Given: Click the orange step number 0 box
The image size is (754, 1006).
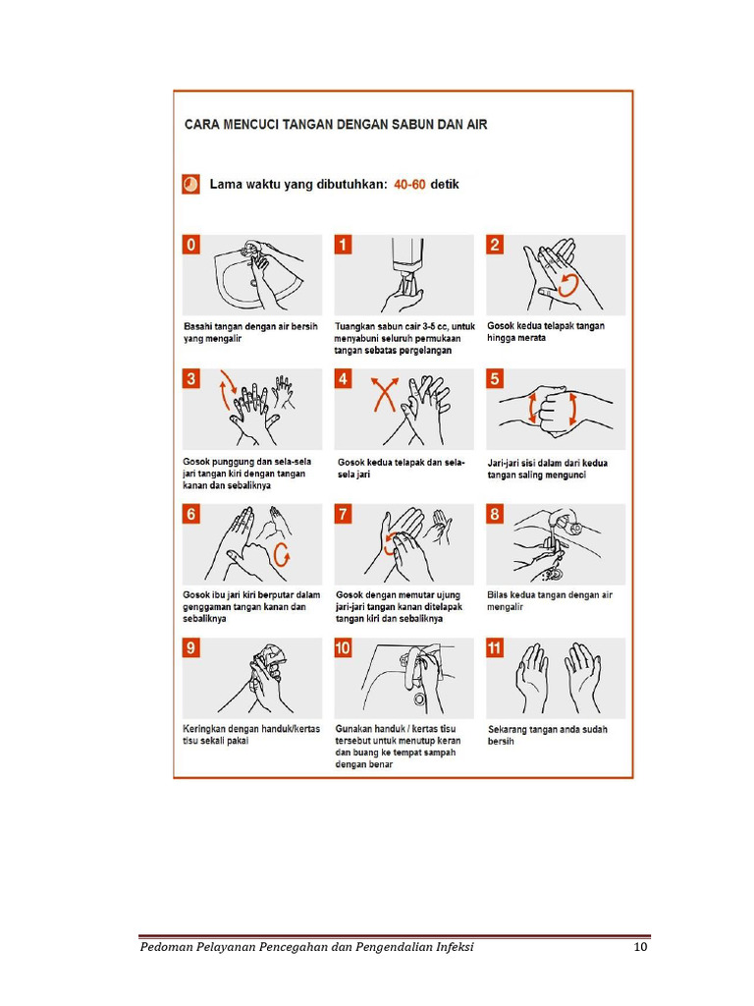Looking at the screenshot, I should [x=192, y=245].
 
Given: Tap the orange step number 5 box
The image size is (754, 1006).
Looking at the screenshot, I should [x=495, y=379].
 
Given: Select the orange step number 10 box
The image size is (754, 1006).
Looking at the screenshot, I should [x=344, y=647].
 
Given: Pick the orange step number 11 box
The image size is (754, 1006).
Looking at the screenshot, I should [x=496, y=647].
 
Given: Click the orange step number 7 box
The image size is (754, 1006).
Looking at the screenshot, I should [x=344, y=514].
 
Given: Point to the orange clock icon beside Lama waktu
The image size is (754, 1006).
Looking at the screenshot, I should [x=191, y=184].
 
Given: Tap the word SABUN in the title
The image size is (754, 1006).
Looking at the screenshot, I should [x=395, y=125].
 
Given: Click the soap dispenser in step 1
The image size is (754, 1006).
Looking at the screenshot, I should [x=405, y=255].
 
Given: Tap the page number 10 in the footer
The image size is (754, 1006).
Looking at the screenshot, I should [x=640, y=947].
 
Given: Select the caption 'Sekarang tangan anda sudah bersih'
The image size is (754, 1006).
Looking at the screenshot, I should [x=547, y=735].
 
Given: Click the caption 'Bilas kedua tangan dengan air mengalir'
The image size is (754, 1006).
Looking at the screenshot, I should [x=549, y=600].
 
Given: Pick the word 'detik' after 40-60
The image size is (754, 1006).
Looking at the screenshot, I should [x=445, y=184].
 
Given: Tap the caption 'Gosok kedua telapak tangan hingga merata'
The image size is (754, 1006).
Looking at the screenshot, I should [x=545, y=332].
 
